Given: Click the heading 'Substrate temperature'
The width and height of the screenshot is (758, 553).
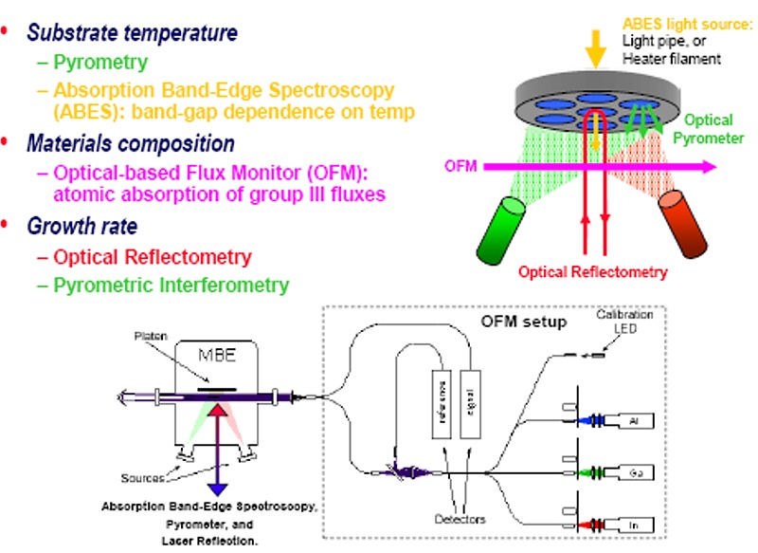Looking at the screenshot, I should (132, 33).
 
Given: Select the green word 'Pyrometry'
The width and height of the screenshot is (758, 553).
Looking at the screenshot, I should (99, 64).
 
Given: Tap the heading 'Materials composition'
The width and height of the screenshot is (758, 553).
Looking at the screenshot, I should (130, 144).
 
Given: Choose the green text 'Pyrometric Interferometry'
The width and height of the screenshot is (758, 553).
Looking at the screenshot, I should (171, 284).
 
